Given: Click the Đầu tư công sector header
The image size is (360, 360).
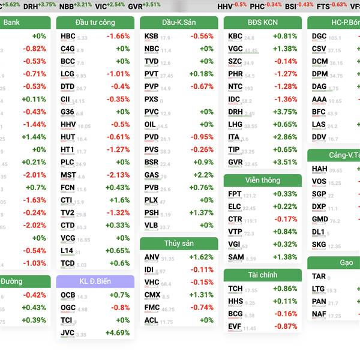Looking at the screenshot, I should click(95, 23).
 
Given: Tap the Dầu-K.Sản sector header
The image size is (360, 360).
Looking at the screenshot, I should click(179, 23).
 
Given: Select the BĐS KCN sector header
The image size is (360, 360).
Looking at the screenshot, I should click(262, 23).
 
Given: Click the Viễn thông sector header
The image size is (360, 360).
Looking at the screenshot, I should click(262, 180).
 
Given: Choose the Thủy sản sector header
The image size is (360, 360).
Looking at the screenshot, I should click(179, 243).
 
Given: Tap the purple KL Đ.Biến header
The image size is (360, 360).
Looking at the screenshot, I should click(95, 281).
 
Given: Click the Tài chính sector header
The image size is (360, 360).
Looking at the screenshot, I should click(262, 275).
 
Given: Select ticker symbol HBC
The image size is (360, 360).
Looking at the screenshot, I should click(68, 36).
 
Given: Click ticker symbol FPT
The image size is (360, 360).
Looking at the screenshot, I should click(235, 194).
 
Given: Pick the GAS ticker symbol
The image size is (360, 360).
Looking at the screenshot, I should click(151, 175).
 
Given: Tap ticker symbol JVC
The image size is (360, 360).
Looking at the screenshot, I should click(67, 333).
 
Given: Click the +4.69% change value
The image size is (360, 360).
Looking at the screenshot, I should click(117, 333).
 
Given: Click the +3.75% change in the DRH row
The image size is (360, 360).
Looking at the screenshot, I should click(285, 112).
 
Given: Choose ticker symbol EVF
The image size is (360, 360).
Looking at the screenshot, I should click(235, 326).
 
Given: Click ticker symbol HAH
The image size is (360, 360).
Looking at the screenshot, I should click(319, 169).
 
